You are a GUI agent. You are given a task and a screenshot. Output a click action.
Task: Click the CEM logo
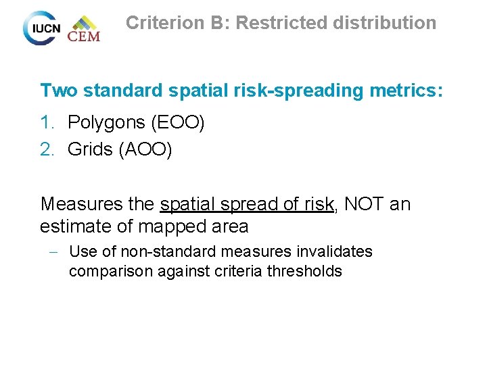coord(84,29)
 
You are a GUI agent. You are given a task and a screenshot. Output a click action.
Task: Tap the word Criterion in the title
coord(164,23)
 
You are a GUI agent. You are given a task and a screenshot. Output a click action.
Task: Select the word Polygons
coord(107,123)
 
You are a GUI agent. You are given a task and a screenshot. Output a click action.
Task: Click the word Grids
coord(91,149)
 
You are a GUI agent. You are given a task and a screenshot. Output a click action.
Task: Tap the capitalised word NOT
coord(365,203)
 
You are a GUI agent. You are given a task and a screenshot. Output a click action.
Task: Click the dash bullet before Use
coord(52,252)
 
